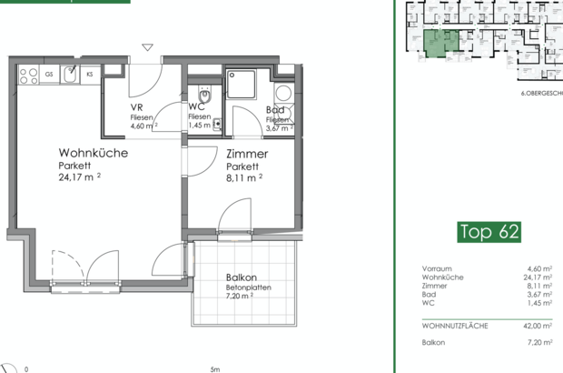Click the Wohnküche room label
[93, 153]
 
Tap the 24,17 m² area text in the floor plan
[78, 178]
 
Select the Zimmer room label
[247, 155]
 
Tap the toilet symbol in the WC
[206, 96]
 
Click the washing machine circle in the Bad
[282, 92]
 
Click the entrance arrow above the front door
[147, 47]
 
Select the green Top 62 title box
[489, 231]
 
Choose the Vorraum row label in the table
[438, 268]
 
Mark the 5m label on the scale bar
[214, 368]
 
